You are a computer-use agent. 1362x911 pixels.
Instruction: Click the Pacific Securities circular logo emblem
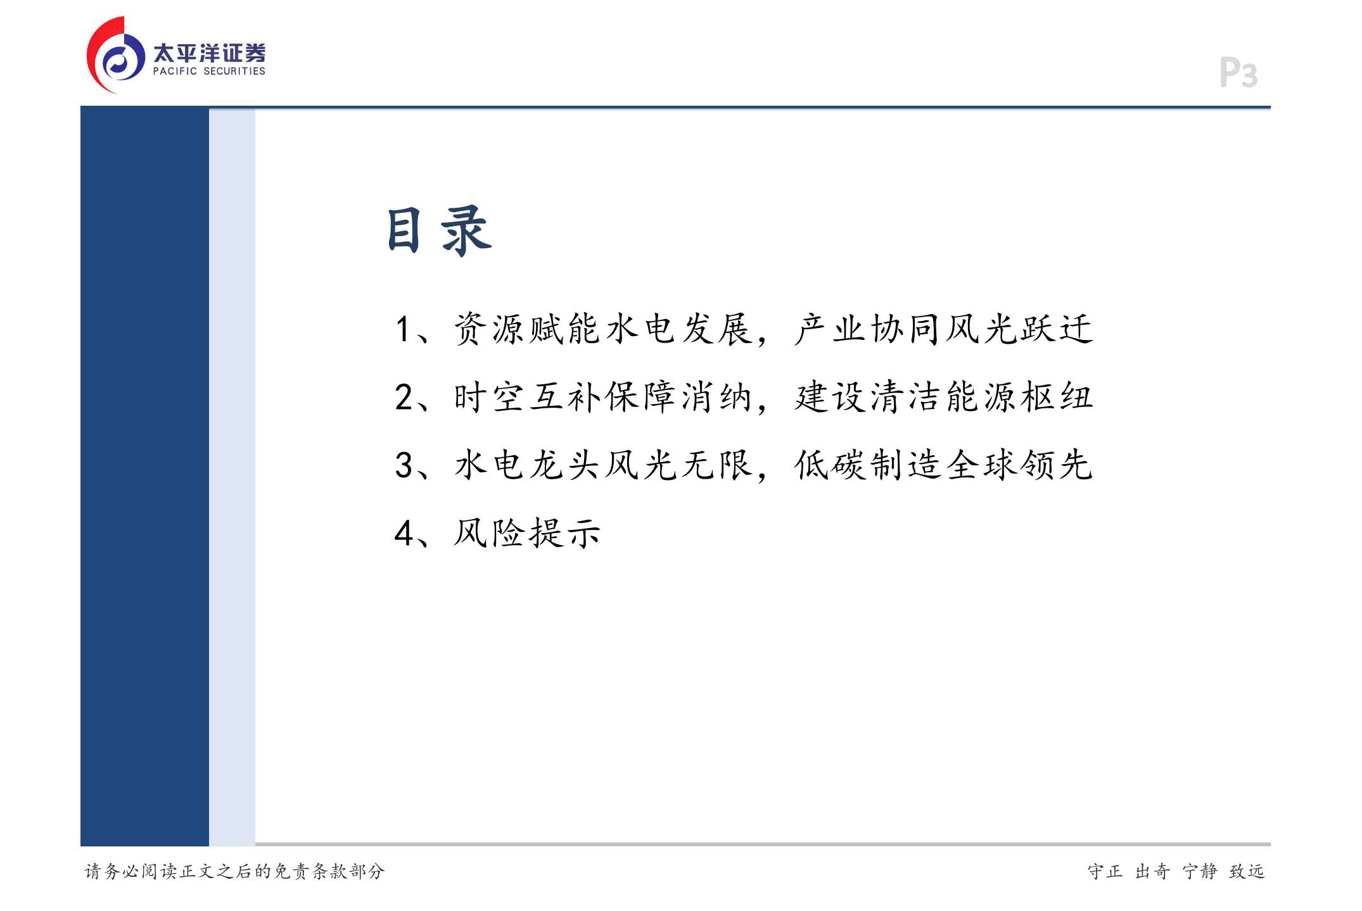pyautogui.click(x=115, y=56)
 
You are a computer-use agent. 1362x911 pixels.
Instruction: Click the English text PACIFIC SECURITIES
pyautogui.click(x=209, y=72)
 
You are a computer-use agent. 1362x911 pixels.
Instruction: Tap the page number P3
pyautogui.click(x=1238, y=72)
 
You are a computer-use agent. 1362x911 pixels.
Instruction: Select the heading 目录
pyautogui.click(x=439, y=230)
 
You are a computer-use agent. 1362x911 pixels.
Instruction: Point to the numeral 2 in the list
pyautogui.click(x=404, y=397)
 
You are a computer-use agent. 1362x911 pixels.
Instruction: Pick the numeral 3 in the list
pyautogui.click(x=404, y=465)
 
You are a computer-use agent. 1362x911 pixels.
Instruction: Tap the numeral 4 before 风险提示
pyautogui.click(x=404, y=533)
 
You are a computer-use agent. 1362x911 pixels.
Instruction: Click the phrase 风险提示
pyautogui.click(x=527, y=533)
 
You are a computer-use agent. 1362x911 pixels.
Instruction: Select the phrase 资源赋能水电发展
pyautogui.click(x=602, y=329)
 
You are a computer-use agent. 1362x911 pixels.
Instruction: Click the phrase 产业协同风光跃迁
pyautogui.click(x=944, y=329)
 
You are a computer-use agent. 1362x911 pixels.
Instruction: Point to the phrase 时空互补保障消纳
pyautogui.click(x=602, y=397)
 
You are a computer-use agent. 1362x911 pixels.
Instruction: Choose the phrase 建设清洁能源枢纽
pyautogui.click(x=944, y=397)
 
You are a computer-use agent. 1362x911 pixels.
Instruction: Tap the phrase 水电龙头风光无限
pyautogui.click(x=602, y=465)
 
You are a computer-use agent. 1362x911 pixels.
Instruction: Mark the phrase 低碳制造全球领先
pyautogui.click(x=944, y=465)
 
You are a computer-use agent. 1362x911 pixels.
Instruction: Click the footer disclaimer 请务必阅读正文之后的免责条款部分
pyautogui.click(x=235, y=871)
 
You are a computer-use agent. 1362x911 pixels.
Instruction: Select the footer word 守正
pyautogui.click(x=1105, y=871)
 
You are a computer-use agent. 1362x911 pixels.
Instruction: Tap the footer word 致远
pyautogui.click(x=1247, y=871)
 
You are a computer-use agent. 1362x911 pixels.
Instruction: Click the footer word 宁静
pyautogui.click(x=1200, y=871)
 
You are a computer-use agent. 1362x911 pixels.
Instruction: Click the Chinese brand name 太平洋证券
pyautogui.click(x=209, y=53)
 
